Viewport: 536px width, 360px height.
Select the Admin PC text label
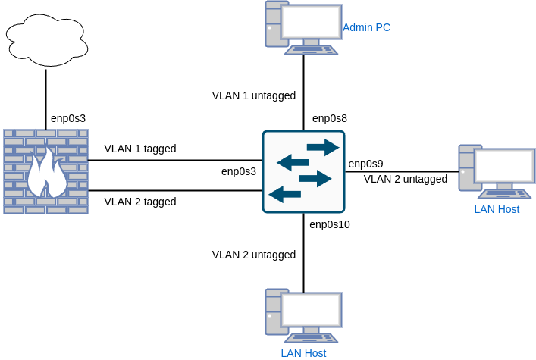coord(366,27)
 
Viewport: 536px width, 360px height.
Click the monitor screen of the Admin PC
coord(311,22)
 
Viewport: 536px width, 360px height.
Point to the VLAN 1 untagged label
coord(253,95)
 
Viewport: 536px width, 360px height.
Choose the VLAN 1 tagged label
coord(140,149)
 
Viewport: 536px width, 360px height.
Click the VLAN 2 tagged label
coord(140,202)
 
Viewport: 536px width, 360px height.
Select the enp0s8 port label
coord(330,118)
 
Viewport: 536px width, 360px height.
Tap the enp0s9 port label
coord(365,164)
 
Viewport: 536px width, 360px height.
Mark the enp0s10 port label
coord(330,224)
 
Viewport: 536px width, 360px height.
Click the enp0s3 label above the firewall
coord(68,118)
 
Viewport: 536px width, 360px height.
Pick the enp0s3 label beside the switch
coord(239,171)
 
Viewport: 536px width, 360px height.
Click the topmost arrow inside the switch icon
coord(323,147)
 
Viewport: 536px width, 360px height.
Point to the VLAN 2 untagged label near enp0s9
coord(406,179)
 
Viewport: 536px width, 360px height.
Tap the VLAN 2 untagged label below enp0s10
coord(253,255)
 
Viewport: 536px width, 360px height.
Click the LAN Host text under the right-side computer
coord(497,209)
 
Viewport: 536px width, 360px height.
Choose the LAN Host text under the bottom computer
coord(303,353)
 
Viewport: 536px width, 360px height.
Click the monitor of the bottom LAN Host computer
coord(311,309)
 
